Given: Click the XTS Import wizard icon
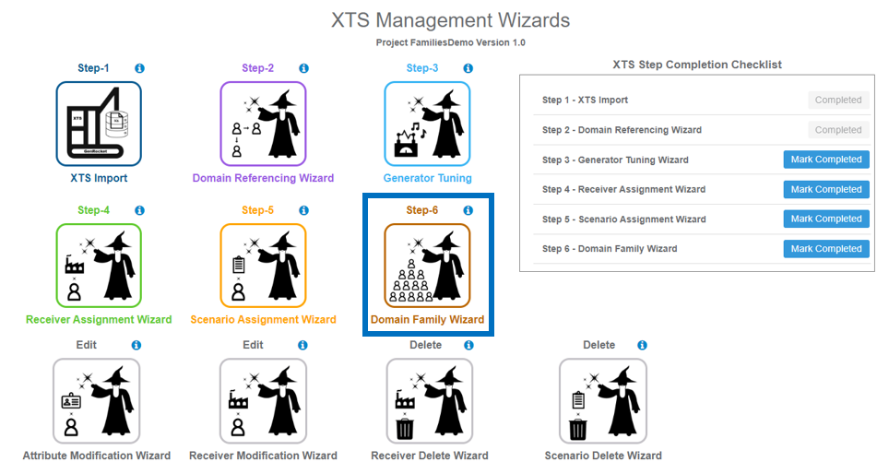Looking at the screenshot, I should (99, 124).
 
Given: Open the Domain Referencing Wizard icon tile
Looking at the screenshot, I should (263, 124).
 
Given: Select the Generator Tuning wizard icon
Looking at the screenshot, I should (427, 124).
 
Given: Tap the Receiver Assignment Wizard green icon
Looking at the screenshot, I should (99, 266).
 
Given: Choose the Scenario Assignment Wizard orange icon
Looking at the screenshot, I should (263, 266).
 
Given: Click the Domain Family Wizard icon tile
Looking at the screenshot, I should (427, 266).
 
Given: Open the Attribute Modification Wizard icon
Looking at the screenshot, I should (97, 401).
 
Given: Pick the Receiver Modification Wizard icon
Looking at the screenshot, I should (263, 401).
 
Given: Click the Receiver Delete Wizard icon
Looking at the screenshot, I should (429, 401).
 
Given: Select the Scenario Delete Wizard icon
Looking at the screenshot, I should (601, 401).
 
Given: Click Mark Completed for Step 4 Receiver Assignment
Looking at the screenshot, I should (825, 189).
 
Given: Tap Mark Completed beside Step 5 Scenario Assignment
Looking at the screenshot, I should (825, 219).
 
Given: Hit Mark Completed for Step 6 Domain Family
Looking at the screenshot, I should (825, 249).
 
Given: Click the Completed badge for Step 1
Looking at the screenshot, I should (837, 100).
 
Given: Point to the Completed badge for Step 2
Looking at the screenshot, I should (837, 130).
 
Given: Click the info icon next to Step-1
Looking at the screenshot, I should (139, 68).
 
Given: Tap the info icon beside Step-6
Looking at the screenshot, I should (468, 210).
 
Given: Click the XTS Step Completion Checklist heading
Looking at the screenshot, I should (696, 65).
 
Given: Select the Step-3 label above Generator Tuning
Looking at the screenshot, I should (422, 68).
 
